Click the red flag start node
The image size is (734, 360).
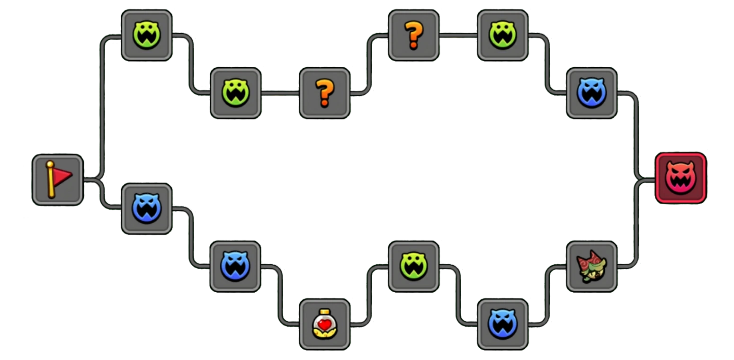(x=58, y=180)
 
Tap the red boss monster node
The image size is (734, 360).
(x=680, y=178)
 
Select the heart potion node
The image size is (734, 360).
(x=324, y=324)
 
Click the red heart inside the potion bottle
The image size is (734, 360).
(x=324, y=324)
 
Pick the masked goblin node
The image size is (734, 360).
(x=591, y=267)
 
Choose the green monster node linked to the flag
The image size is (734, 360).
(x=146, y=36)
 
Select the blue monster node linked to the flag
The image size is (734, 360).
(x=146, y=209)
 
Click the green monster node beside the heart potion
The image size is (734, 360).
(x=413, y=267)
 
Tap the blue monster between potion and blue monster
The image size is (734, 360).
(x=235, y=267)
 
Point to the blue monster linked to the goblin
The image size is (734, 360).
(x=502, y=324)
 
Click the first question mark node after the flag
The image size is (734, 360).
(x=324, y=93)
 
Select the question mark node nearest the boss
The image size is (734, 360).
(x=413, y=36)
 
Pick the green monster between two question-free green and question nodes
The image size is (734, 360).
(x=235, y=93)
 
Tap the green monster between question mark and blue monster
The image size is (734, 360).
(x=502, y=36)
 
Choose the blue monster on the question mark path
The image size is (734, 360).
(x=591, y=93)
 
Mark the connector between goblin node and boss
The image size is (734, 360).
(x=636, y=223)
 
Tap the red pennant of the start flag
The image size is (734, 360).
(x=62, y=175)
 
